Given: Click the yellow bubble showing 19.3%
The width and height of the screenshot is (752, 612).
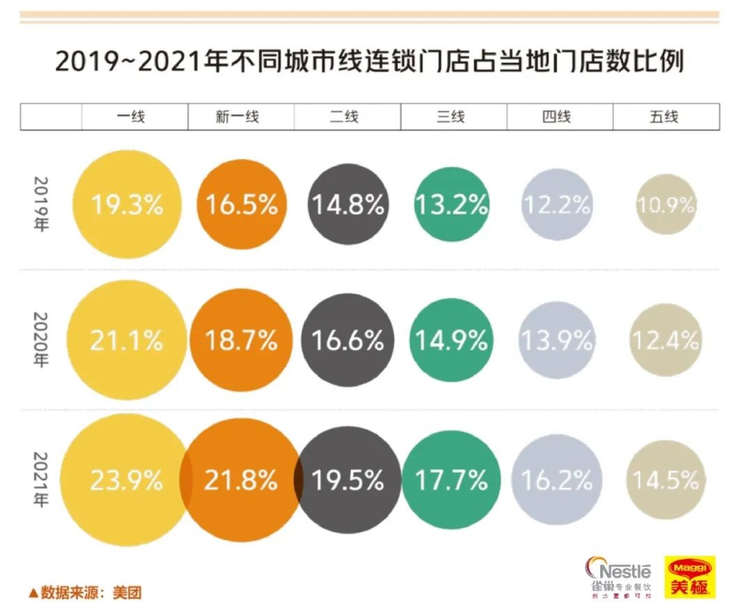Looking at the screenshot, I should (x=127, y=205).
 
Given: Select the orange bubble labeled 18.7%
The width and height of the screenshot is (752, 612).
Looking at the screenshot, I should (x=241, y=340).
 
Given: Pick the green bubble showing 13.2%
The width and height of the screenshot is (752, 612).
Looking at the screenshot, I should (x=451, y=205).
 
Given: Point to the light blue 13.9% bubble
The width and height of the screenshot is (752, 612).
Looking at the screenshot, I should (x=557, y=340).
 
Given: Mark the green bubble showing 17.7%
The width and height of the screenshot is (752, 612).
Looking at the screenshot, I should (x=451, y=480).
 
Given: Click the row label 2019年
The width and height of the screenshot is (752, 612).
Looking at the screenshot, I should (x=40, y=205).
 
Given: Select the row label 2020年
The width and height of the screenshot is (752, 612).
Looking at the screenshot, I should (x=40, y=340).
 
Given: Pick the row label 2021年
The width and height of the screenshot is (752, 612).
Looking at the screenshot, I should (x=40, y=480).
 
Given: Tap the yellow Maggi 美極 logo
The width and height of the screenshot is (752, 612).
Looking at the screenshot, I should (x=689, y=577).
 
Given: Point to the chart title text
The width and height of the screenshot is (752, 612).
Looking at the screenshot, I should (x=369, y=61).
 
